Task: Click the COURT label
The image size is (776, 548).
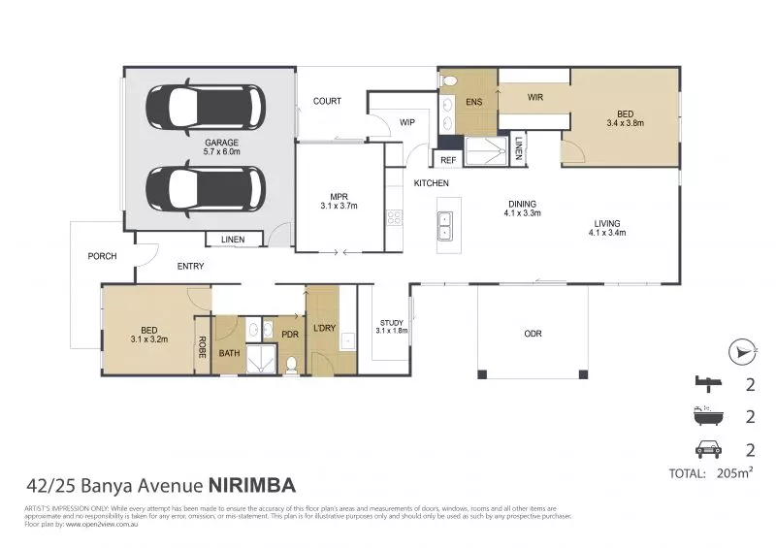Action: click(327, 101)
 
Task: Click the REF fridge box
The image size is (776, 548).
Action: click(448, 160)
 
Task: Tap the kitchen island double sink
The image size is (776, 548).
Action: click(445, 226)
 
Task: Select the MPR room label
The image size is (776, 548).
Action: click(339, 200)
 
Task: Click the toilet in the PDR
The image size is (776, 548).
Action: click(291, 365)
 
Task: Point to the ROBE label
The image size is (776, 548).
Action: click(203, 346)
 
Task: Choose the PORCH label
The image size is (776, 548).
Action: click(102, 256)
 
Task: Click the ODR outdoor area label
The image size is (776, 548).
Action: click(533, 334)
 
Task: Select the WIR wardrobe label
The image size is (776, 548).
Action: click(534, 98)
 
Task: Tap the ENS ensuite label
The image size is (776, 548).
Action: click(474, 101)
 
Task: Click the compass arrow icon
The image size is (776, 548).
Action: click(741, 350)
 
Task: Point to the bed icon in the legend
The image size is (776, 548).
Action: click(708, 383)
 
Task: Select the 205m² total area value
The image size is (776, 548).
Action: click(733, 473)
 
